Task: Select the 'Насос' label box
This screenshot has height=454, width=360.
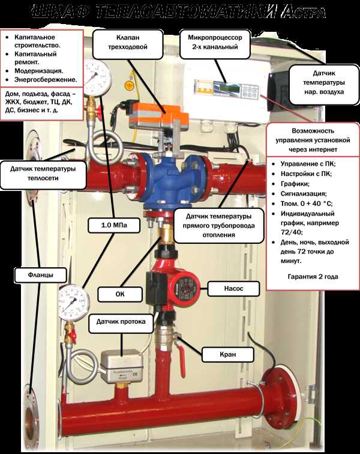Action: click(x=233, y=289)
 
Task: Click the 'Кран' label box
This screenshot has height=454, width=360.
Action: click(x=228, y=354)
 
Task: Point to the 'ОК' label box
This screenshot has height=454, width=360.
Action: click(x=119, y=294)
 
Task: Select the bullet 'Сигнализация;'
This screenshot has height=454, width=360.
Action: click(x=299, y=194)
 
